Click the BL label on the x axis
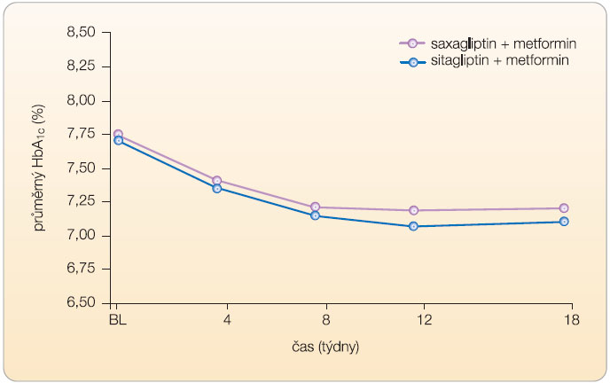click(x=117, y=319)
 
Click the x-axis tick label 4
click(x=226, y=319)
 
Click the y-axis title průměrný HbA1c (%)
click(x=39, y=168)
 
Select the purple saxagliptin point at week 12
click(x=413, y=210)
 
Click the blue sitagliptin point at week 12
click(x=413, y=226)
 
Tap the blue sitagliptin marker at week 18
click(x=564, y=222)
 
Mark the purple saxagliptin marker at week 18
click(x=564, y=208)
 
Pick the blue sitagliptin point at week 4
click(x=216, y=188)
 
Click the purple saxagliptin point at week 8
click(x=314, y=207)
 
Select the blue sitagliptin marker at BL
click(x=118, y=140)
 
